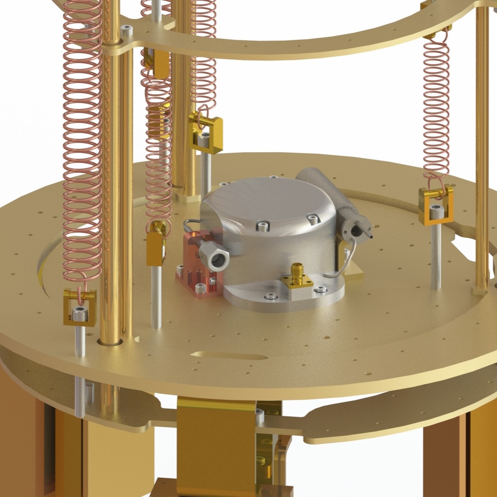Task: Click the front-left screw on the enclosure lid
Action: (259, 226)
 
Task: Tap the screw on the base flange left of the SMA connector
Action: (270, 296)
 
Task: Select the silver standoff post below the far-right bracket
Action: (436, 255)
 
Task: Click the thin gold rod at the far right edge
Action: (482, 148)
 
